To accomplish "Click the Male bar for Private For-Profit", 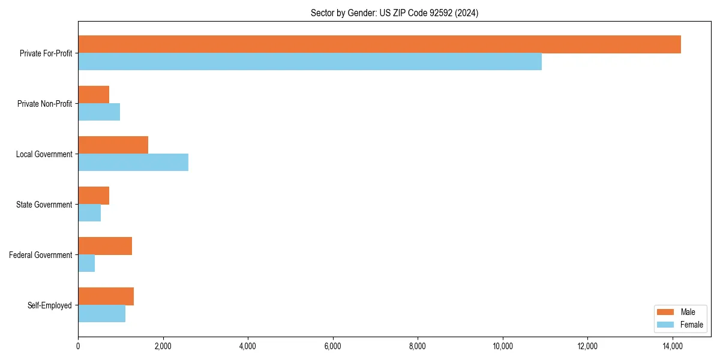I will coord(379,44).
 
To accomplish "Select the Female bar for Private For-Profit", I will coord(310,62).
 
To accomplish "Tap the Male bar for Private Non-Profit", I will coord(94,95).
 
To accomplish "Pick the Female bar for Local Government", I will coord(133,163).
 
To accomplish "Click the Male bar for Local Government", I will coord(113,145).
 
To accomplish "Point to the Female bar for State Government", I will coord(89,213).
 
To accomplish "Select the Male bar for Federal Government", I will coord(105,246).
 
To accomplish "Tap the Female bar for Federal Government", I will coord(86,263).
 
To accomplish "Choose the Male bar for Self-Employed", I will coord(106,296).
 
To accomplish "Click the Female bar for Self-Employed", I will coord(101,314).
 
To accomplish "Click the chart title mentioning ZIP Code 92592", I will coord(394,13).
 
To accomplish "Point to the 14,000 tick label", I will coord(672,346).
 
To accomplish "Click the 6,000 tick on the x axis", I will coord(332,346).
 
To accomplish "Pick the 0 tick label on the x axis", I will coord(78,346).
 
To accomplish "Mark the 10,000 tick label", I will coord(502,346).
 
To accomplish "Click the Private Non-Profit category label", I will coord(44,104).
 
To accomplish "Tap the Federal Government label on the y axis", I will coord(41,255).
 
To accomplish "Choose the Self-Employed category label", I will coord(50,305).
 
